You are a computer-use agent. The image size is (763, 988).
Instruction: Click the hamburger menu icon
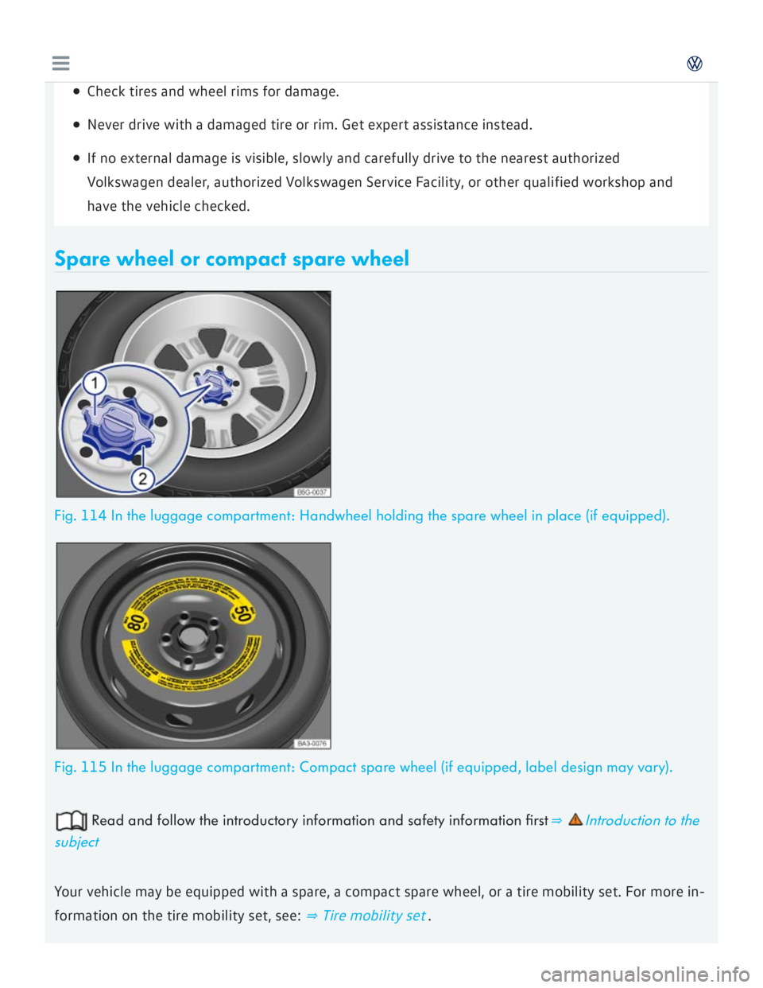60,64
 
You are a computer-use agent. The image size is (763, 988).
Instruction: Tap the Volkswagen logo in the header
695,64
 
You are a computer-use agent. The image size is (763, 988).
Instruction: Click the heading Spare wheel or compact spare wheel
231,259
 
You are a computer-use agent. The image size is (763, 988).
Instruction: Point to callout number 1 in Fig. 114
95,383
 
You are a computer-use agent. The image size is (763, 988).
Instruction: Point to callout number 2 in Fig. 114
142,478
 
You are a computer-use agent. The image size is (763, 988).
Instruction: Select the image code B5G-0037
312,492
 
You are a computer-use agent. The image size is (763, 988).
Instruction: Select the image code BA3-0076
312,744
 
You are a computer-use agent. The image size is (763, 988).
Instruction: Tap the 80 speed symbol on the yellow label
136,620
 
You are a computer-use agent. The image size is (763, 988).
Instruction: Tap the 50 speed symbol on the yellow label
242,613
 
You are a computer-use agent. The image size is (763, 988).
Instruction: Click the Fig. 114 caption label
79,516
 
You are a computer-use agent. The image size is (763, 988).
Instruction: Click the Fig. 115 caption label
79,768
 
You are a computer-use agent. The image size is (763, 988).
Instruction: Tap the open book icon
71,820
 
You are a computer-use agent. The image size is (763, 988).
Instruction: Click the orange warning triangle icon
575,819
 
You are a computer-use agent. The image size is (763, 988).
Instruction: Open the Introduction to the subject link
641,821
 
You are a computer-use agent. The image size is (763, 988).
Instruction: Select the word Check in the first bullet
106,91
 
